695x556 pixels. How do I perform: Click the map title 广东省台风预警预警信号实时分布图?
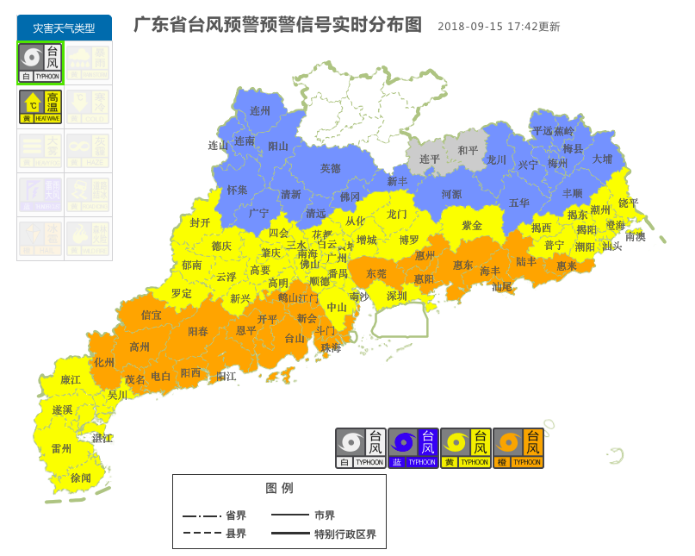pos(277,24)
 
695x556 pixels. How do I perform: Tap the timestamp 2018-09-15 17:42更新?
pos(499,27)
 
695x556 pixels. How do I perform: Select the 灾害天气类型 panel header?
pos(64,28)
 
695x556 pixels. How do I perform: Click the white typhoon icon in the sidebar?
pos(40,63)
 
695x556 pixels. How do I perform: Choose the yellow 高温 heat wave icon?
pos(40,107)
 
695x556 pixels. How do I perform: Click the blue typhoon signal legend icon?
pos(413,448)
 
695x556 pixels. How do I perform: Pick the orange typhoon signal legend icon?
pos(518,448)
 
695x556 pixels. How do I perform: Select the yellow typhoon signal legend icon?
pos(466,448)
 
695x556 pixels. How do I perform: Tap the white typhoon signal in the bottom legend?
pos(361,448)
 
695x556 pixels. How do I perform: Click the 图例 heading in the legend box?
pos(279,488)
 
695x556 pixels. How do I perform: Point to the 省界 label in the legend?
pos(236,515)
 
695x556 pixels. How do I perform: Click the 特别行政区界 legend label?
pos(344,534)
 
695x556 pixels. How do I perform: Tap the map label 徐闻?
pos(81,478)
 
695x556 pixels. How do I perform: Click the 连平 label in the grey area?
pos(430,159)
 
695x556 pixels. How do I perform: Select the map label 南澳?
pos(635,236)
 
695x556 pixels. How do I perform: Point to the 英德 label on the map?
pos(330,168)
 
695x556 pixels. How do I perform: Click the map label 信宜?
pos(152,315)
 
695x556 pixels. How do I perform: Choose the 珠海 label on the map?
pos(331,347)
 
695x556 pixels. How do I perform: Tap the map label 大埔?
pos(602,159)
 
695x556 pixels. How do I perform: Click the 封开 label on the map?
pos(200,222)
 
